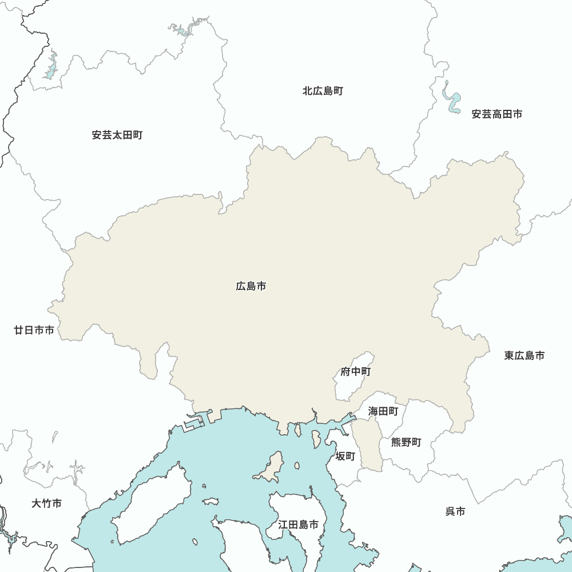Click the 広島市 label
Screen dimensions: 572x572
tap(251, 286)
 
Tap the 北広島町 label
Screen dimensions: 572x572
tap(323, 91)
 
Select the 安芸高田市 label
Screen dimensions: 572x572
tap(496, 114)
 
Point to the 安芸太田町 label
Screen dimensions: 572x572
tap(117, 136)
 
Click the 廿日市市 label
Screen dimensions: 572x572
tap(34, 330)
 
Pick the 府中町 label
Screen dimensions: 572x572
tap(356, 372)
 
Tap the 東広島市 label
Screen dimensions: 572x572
tap(524, 356)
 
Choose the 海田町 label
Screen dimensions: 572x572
tap(383, 411)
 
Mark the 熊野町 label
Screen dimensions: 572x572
tap(406, 442)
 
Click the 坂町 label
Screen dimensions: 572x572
tap(345, 456)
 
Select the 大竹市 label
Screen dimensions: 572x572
tap(46, 504)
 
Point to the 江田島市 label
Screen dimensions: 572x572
tap(298, 525)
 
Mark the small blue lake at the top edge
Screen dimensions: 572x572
tap(184, 30)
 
